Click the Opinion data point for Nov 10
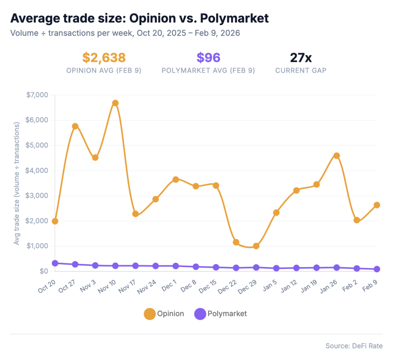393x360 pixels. [x=115, y=103]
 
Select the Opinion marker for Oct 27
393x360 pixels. [x=75, y=126]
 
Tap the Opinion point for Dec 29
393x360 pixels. [x=256, y=246]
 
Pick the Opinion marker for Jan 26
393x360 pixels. [x=337, y=156]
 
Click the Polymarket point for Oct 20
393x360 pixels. [x=55, y=263]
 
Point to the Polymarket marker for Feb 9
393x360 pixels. [x=377, y=269]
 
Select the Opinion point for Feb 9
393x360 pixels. [x=377, y=205]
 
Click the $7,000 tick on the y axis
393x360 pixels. [x=37, y=95]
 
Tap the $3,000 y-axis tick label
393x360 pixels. [x=37, y=196]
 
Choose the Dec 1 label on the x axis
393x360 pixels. [x=169, y=285]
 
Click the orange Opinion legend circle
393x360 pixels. [x=149, y=314]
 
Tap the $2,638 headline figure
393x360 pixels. [x=104, y=58]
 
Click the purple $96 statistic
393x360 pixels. [x=208, y=58]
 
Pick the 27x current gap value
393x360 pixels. [x=301, y=58]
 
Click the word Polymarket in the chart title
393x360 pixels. [x=227, y=18]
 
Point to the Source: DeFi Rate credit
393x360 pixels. [x=354, y=346]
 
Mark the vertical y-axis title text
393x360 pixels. [x=17, y=184]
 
